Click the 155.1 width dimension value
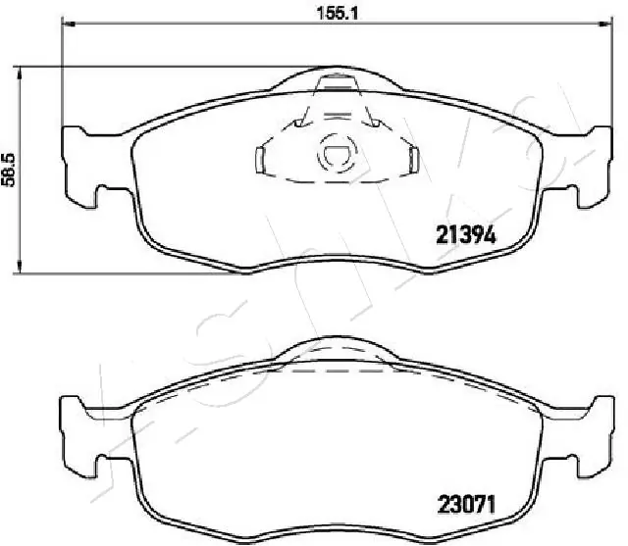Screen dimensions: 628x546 tap(337, 13)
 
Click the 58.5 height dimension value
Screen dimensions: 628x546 tap(8, 170)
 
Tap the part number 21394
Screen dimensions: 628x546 tap(466, 235)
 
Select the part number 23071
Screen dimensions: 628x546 tap(467, 505)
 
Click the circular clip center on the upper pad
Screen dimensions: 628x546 tap(337, 155)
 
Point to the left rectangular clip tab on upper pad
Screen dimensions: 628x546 tap(260, 161)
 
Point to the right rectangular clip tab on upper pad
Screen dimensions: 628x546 tap(414, 161)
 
